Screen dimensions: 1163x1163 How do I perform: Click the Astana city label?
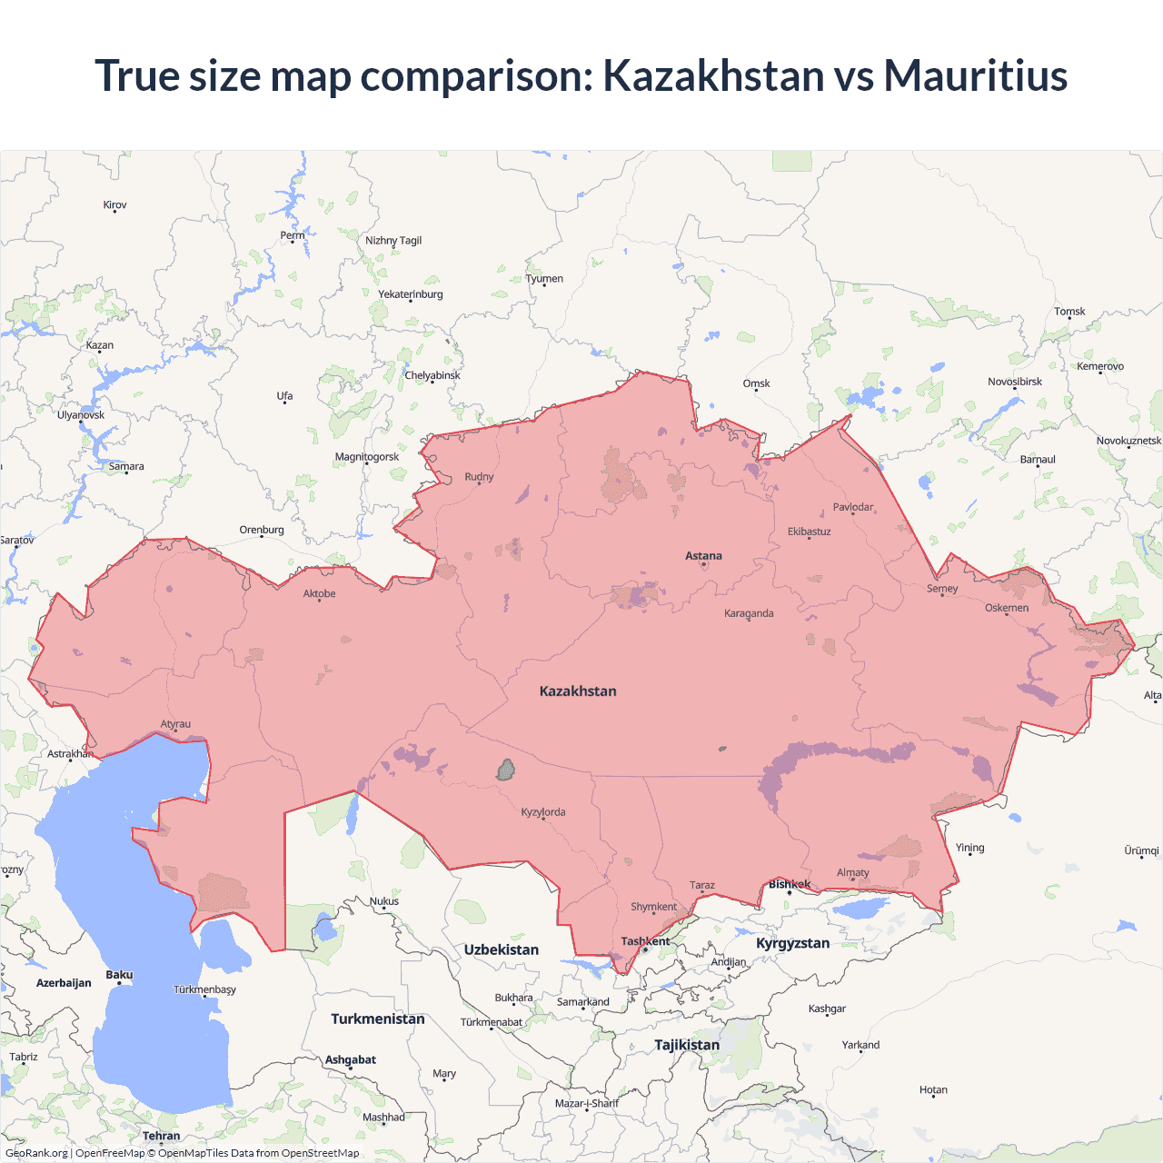click(703, 556)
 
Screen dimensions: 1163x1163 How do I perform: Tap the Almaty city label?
click(852, 873)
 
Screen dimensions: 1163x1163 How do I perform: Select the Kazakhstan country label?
click(578, 691)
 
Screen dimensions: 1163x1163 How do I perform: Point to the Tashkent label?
click(645, 941)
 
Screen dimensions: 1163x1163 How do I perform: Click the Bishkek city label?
click(789, 884)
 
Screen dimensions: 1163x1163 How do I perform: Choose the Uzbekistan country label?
click(502, 949)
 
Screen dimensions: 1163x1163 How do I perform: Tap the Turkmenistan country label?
click(378, 1019)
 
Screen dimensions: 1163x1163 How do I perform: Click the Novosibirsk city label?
click(1015, 382)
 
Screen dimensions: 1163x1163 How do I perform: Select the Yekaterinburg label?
click(411, 294)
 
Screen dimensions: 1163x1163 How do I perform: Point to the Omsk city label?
click(756, 383)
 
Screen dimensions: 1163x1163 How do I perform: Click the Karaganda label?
click(749, 613)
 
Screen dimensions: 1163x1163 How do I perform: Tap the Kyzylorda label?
click(543, 812)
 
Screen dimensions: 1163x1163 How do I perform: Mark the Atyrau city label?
click(175, 724)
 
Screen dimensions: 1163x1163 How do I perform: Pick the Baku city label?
click(119, 975)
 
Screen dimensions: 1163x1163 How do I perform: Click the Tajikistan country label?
click(687, 1045)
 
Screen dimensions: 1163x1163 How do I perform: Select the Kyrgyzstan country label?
click(792, 943)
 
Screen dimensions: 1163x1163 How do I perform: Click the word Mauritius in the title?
click(975, 75)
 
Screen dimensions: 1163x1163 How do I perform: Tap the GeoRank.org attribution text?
click(36, 1153)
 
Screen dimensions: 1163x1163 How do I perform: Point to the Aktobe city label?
click(319, 594)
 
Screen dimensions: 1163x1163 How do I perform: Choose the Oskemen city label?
click(1007, 608)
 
